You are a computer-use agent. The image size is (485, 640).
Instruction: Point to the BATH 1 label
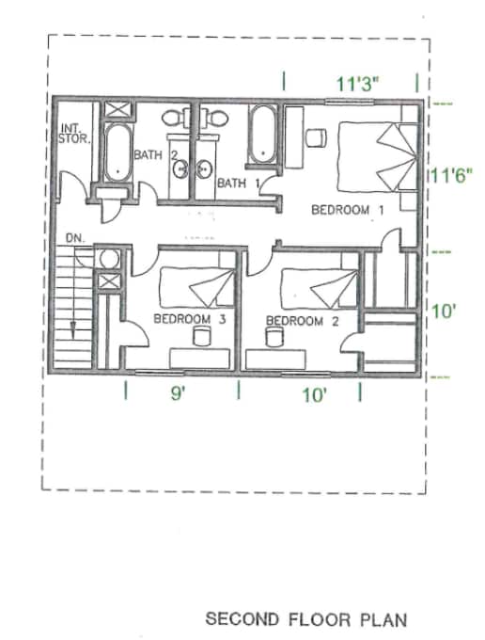coord(238,183)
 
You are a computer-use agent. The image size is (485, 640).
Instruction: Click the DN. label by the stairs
coord(76,239)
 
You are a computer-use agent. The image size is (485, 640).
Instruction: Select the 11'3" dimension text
coord(357,82)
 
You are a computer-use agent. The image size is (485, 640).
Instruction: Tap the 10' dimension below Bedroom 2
coord(313,395)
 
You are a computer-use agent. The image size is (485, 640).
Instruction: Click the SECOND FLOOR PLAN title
coord(306,619)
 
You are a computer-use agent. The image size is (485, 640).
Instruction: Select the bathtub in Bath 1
coord(260,136)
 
